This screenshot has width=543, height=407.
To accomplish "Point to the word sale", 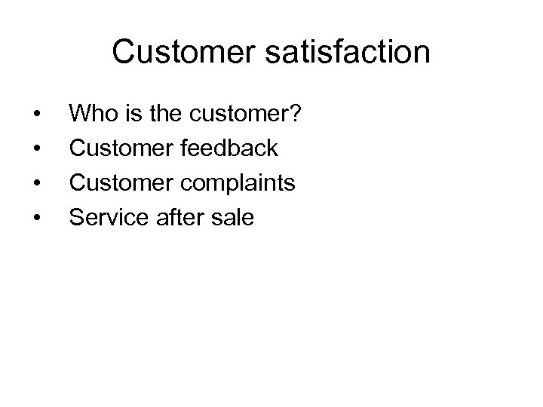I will click(234, 218).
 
